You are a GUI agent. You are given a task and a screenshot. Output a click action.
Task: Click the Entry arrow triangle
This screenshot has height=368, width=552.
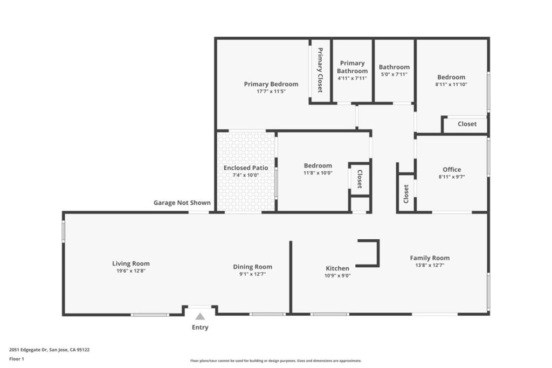(200, 316)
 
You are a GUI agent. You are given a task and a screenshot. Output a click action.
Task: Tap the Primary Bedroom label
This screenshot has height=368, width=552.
(271, 84)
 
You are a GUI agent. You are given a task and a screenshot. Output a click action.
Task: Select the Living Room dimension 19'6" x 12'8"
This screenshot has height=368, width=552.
(131, 271)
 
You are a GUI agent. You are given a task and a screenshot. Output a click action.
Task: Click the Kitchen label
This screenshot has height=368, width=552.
(337, 268)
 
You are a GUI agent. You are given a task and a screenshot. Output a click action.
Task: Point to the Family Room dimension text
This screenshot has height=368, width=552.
(430, 265)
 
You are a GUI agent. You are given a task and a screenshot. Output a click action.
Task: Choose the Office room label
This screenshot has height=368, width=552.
(452, 170)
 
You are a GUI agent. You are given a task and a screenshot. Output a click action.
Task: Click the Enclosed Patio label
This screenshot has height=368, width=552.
(246, 168)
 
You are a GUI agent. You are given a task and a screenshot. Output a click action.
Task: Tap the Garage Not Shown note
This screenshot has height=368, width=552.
(182, 203)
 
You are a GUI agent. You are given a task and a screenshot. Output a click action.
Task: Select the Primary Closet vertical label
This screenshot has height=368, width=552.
(320, 70)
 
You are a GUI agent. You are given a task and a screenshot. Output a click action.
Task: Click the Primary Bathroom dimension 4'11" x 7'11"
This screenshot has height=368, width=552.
(352, 78)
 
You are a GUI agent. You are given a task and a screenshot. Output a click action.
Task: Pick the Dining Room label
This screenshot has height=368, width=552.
(252, 267)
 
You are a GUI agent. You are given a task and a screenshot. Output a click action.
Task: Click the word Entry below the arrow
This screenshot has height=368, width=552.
(200, 328)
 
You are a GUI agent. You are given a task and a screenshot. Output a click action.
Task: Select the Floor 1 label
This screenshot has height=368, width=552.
(17, 359)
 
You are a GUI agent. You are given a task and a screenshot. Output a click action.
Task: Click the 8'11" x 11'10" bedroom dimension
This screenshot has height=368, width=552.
(451, 85)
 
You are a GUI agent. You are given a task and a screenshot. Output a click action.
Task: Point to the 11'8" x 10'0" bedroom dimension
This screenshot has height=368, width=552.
(318, 173)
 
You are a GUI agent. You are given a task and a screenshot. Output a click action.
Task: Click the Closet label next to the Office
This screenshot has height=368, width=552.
(406, 194)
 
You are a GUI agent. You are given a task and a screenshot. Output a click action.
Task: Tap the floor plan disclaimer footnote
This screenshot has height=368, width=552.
(276, 360)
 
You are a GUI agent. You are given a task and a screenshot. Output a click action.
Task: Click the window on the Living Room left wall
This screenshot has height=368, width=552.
(64, 231)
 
